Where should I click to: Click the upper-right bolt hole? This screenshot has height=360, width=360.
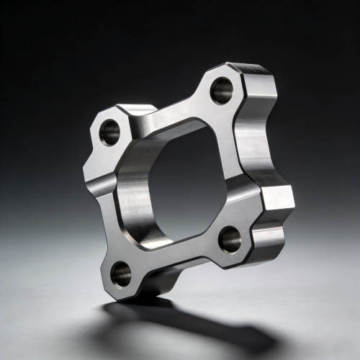coord(222,90)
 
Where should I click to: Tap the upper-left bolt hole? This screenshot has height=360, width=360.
coord(110,132)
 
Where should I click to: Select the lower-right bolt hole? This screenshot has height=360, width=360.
coord(230,239)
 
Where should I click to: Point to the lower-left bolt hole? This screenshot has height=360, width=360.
coord(121,273)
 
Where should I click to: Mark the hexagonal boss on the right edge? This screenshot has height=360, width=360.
coord(277,197)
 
